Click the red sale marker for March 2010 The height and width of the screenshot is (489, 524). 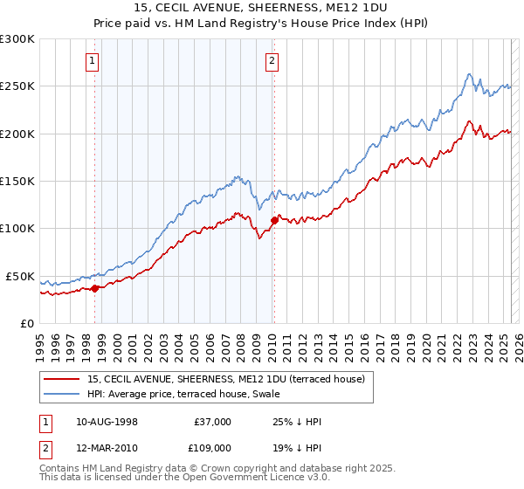pyautogui.click(x=273, y=220)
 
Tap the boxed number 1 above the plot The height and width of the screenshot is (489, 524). pyautogui.click(x=92, y=60)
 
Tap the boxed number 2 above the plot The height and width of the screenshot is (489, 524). pyautogui.click(x=272, y=60)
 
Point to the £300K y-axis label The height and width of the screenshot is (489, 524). pyautogui.click(x=17, y=39)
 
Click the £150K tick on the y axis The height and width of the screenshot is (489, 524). pyautogui.click(x=17, y=182)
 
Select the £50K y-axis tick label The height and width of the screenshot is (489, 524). pyautogui.click(x=20, y=276)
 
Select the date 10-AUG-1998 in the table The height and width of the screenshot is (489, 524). pyautogui.click(x=107, y=422)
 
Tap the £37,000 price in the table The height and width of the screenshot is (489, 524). pyautogui.click(x=212, y=422)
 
